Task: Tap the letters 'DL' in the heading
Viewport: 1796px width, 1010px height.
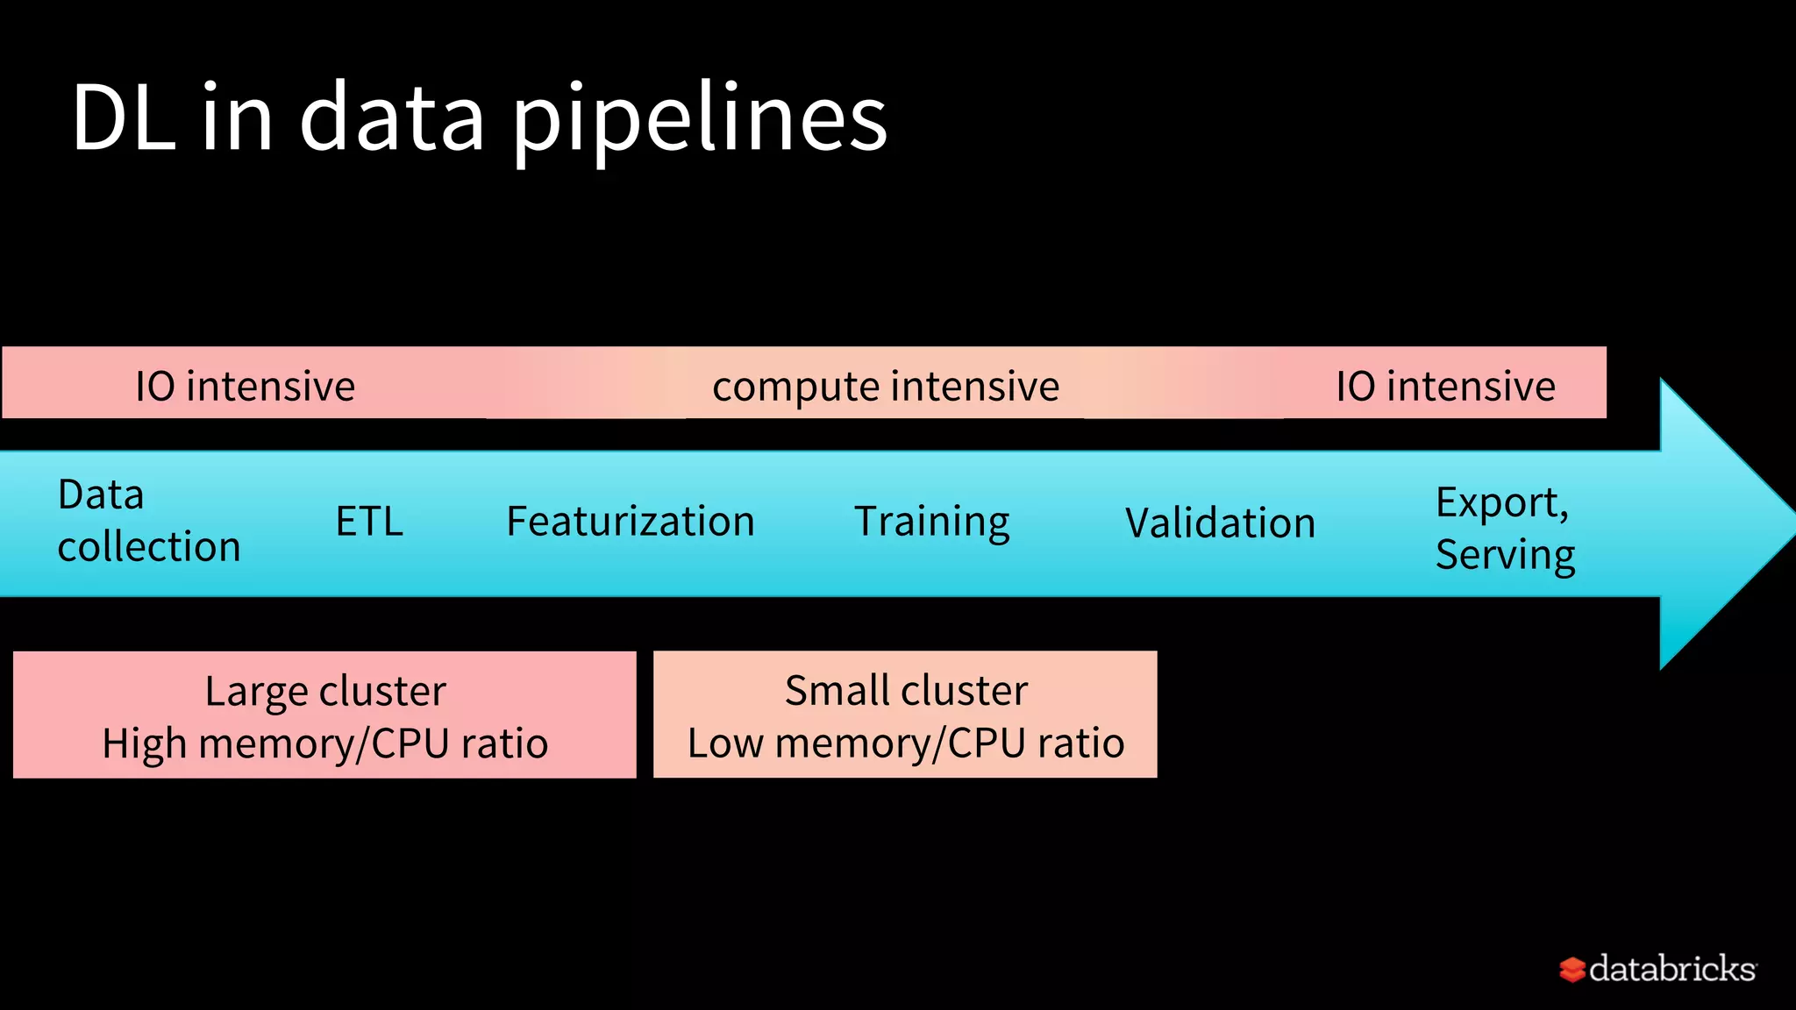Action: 123,118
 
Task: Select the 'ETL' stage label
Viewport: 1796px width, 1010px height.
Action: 369,522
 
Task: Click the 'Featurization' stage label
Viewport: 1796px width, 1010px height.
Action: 631,522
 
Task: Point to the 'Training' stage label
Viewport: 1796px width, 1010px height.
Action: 931,522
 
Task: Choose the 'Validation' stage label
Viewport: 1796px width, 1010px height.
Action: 1220,523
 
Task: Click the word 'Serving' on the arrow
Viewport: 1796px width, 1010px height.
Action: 1505,555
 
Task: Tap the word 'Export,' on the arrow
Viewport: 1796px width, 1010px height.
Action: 1501,503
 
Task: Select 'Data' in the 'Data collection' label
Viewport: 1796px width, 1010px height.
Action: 101,495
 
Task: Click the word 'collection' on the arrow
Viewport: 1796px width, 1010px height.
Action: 149,547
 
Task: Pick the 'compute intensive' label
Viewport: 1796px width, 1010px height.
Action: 886,387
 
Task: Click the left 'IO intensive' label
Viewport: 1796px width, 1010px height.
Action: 245,387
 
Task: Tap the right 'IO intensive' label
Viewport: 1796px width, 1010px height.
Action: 1445,387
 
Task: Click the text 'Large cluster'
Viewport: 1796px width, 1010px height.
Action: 325,691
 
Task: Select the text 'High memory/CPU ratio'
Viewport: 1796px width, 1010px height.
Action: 325,743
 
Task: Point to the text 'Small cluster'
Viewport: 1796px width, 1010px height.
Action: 906,691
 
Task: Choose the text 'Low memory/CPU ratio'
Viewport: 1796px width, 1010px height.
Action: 906,743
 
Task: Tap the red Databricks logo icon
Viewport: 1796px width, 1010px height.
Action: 1571,970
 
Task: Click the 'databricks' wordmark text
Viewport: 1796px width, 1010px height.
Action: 1671,969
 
